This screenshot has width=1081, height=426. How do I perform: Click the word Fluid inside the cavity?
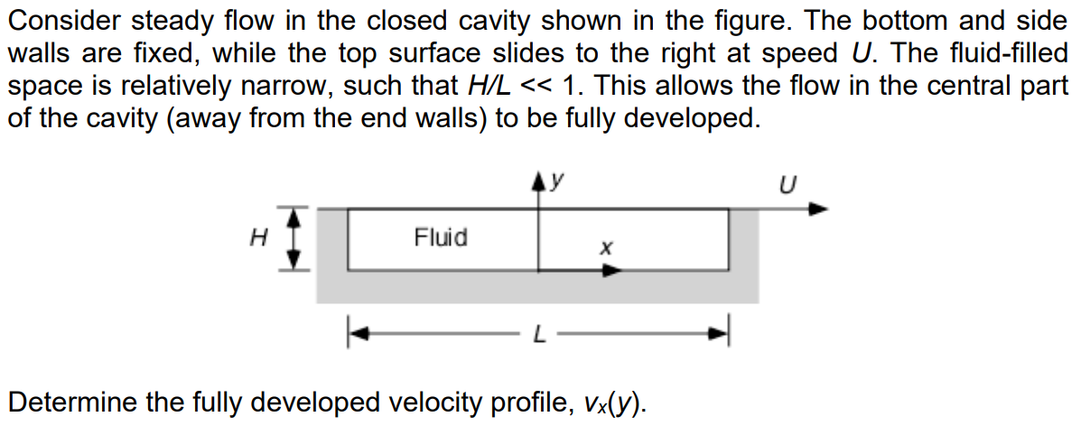tap(441, 238)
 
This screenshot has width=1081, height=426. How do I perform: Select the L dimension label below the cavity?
tap(538, 336)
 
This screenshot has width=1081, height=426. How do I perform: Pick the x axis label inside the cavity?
tap(606, 246)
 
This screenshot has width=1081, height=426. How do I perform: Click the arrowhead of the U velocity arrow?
tap(816, 209)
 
